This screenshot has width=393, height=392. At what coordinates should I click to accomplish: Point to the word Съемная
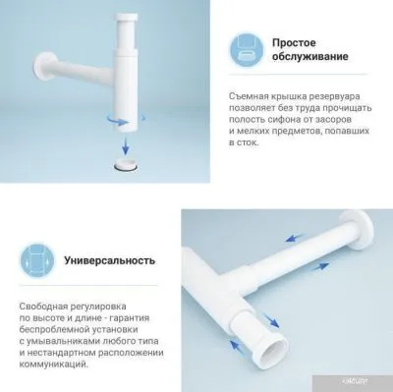click(253, 93)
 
